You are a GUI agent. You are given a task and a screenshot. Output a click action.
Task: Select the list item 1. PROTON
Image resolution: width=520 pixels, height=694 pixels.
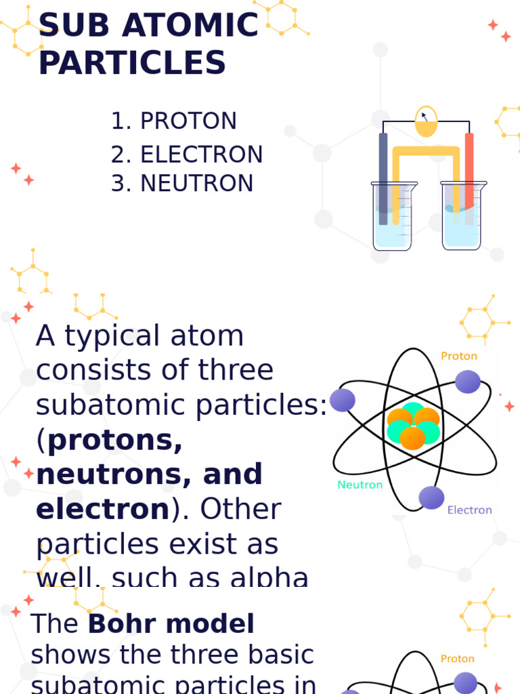(x=174, y=121)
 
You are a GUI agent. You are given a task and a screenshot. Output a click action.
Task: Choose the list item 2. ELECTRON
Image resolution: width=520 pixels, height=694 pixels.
(x=187, y=155)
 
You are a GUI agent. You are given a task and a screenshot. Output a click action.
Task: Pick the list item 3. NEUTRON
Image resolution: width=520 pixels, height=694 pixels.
(x=182, y=183)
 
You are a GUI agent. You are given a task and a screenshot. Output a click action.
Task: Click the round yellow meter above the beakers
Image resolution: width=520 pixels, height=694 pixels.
(x=426, y=121)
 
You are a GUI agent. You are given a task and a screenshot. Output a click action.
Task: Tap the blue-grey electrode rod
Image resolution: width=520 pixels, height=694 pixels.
(x=383, y=176)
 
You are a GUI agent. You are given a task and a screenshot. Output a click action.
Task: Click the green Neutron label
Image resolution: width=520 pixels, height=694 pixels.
(x=360, y=485)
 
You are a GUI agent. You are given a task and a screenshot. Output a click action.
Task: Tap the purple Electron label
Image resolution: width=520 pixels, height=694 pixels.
(x=469, y=510)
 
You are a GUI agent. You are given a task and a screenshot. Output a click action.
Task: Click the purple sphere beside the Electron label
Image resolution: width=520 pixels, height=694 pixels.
(x=431, y=497)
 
